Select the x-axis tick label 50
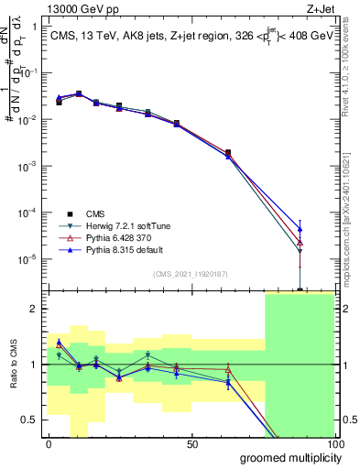coord(191,443)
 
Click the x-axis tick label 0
coord(49,443)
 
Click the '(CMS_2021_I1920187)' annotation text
coord(191,274)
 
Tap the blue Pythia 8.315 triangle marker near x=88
coord(300,229)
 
